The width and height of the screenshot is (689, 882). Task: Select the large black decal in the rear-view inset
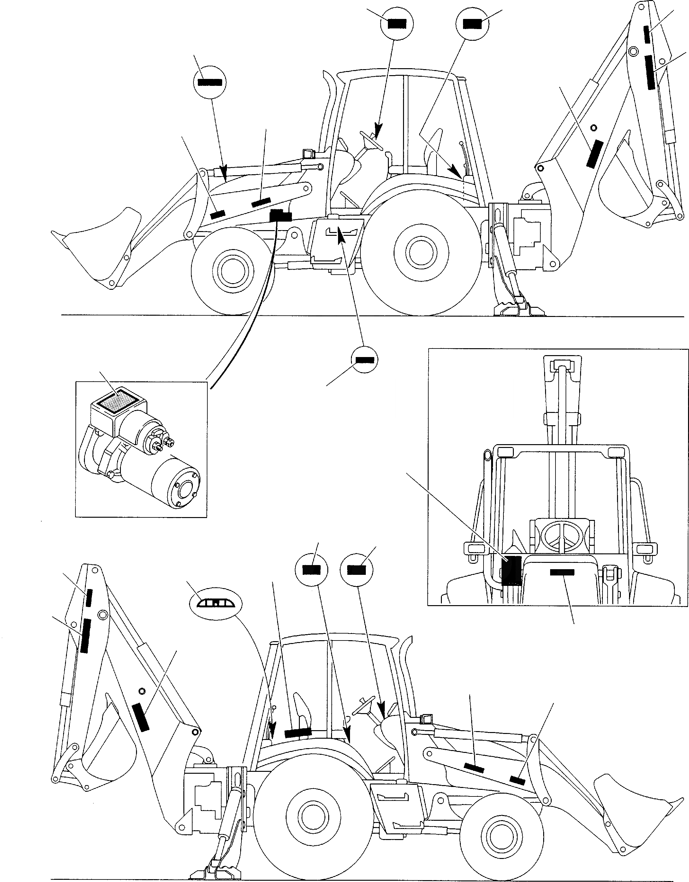click(x=511, y=571)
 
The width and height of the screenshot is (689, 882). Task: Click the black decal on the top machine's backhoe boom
click(x=595, y=154)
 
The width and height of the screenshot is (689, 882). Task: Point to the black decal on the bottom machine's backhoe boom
click(x=140, y=716)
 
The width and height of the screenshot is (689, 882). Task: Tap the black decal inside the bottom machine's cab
click(x=298, y=733)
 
